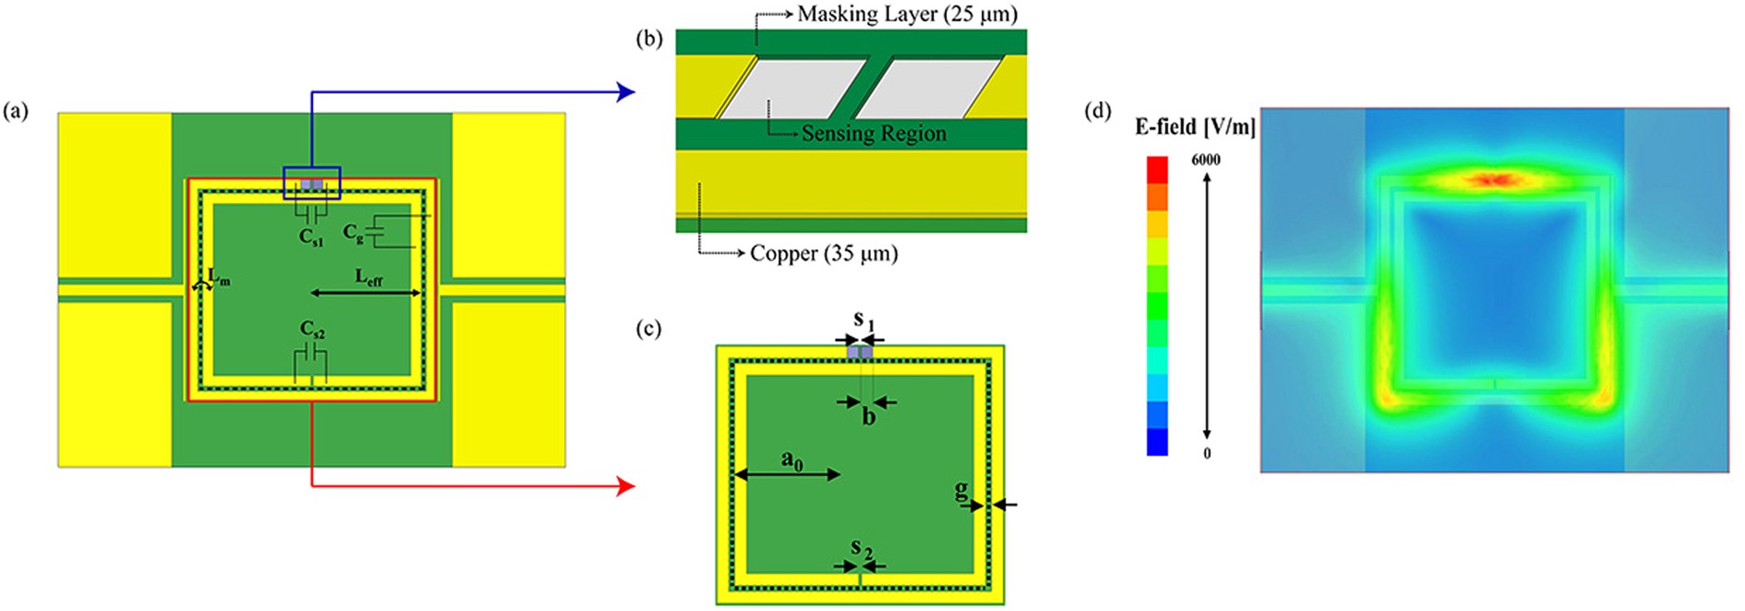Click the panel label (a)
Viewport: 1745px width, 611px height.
[x=16, y=112]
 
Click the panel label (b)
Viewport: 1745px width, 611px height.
[x=648, y=39]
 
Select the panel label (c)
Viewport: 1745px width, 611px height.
[x=648, y=329]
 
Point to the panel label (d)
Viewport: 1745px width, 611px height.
[x=1098, y=112]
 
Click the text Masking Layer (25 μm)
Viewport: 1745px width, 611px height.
[x=907, y=14]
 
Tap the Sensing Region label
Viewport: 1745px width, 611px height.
[x=873, y=133]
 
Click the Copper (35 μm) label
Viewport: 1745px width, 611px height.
[x=824, y=254]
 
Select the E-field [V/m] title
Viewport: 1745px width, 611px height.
[x=1195, y=127]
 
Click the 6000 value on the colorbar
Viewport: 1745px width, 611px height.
[x=1206, y=160]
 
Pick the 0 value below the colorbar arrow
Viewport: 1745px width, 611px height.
[x=1207, y=453]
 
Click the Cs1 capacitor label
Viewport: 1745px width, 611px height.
[x=311, y=237]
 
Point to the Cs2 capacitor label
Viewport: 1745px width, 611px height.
[x=312, y=329]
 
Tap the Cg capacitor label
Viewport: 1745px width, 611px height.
[x=353, y=233]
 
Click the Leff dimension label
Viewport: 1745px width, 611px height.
[x=368, y=277]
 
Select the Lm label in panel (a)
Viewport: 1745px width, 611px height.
[x=219, y=276]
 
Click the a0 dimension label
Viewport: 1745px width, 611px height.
[x=792, y=459]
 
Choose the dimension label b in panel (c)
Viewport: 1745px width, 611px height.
[x=868, y=418]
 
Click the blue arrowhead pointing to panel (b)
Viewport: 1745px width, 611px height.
[x=626, y=91]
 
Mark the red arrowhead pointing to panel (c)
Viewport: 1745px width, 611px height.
[x=626, y=486]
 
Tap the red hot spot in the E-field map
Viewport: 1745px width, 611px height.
[x=1493, y=179]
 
